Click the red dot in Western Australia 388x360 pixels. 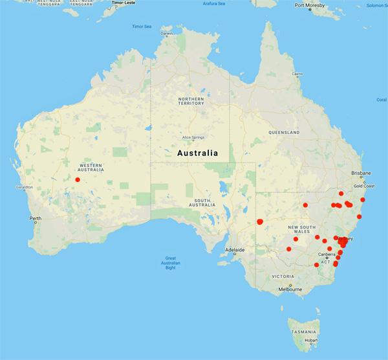(x=78, y=179)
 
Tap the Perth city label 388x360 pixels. (x=36, y=218)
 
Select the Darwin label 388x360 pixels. (x=167, y=33)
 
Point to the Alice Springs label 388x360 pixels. (x=193, y=137)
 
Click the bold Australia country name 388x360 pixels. (x=197, y=153)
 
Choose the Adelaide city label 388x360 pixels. (x=234, y=249)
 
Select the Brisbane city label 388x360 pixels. (x=361, y=173)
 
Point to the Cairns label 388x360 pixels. (x=297, y=74)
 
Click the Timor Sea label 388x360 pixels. (x=141, y=27)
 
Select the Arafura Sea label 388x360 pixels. (x=213, y=4)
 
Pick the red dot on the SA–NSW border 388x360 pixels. (x=260, y=221)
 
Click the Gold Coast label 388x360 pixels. (x=364, y=186)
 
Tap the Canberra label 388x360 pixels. (x=327, y=254)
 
